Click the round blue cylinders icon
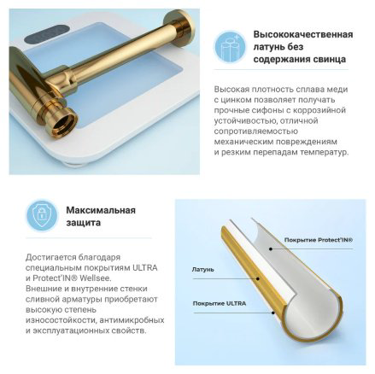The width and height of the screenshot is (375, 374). pyautogui.click(x=230, y=47)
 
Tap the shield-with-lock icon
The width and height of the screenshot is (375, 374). pyautogui.click(x=42, y=215)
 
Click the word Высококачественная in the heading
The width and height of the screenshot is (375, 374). pyautogui.click(x=303, y=34)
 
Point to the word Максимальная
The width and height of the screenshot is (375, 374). pyautogui.click(x=101, y=210)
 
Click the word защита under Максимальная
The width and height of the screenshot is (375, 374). pyautogui.click(x=84, y=223)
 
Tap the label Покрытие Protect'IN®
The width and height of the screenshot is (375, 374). pyautogui.click(x=319, y=240)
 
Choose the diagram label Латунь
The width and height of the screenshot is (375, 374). pyautogui.click(x=202, y=269)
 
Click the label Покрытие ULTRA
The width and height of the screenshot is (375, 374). pyautogui.click(x=220, y=303)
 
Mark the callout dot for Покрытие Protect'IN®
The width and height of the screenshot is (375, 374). pyautogui.click(x=271, y=249)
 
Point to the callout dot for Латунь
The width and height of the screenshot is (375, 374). pyautogui.click(x=258, y=278)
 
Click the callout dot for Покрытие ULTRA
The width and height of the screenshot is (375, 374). pyautogui.click(x=272, y=313)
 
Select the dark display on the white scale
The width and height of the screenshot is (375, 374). pyautogui.click(x=48, y=34)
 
